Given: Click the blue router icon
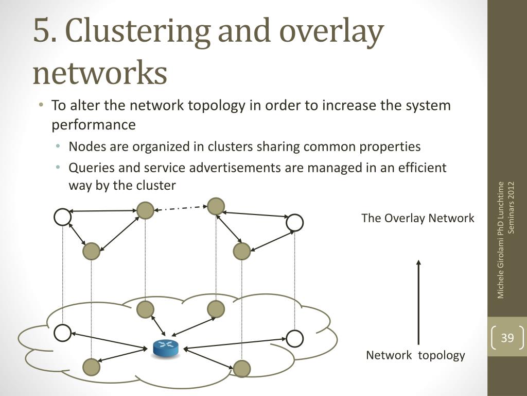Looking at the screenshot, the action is pyautogui.click(x=165, y=348).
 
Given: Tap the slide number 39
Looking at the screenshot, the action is pyautogui.click(x=507, y=337).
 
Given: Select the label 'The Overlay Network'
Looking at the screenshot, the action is pyautogui.click(x=418, y=218).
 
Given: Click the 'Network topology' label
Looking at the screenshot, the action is pyautogui.click(x=415, y=355).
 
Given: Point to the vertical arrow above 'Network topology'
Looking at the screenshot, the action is pyautogui.click(x=418, y=302).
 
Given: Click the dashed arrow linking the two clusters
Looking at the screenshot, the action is pyautogui.click(x=181, y=208).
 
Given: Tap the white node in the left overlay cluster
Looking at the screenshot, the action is pyautogui.click(x=62, y=217).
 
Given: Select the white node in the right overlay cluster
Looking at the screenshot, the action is pyautogui.click(x=295, y=223).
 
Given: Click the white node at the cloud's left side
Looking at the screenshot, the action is pyautogui.click(x=62, y=333).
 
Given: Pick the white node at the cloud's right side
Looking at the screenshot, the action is pyautogui.click(x=295, y=338).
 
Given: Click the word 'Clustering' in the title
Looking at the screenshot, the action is pyautogui.click(x=140, y=31).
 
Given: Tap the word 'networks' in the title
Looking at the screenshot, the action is pyautogui.click(x=100, y=72).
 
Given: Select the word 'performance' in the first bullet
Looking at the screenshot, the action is pyautogui.click(x=94, y=125).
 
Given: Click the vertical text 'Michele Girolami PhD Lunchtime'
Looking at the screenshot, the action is pyautogui.click(x=500, y=240).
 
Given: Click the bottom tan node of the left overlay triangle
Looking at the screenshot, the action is pyautogui.click(x=92, y=251).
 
